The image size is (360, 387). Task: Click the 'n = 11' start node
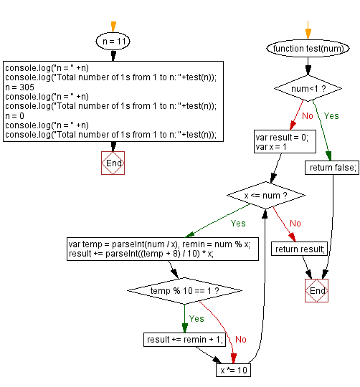(x=113, y=42)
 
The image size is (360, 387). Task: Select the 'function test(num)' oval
(x=307, y=48)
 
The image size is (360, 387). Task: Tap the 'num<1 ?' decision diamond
(x=307, y=90)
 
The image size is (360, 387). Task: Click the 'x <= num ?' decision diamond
(x=266, y=193)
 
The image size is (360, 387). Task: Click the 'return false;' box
(x=332, y=168)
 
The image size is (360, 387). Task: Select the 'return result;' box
(x=299, y=249)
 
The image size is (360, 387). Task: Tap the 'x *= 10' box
(x=234, y=371)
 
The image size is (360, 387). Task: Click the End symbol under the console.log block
(x=113, y=163)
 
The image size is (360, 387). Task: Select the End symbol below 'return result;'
(x=316, y=291)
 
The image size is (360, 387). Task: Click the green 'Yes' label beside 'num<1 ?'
(x=332, y=115)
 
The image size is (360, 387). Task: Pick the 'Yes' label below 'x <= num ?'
(x=237, y=223)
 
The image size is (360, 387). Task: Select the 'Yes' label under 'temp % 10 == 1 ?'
(x=196, y=318)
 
